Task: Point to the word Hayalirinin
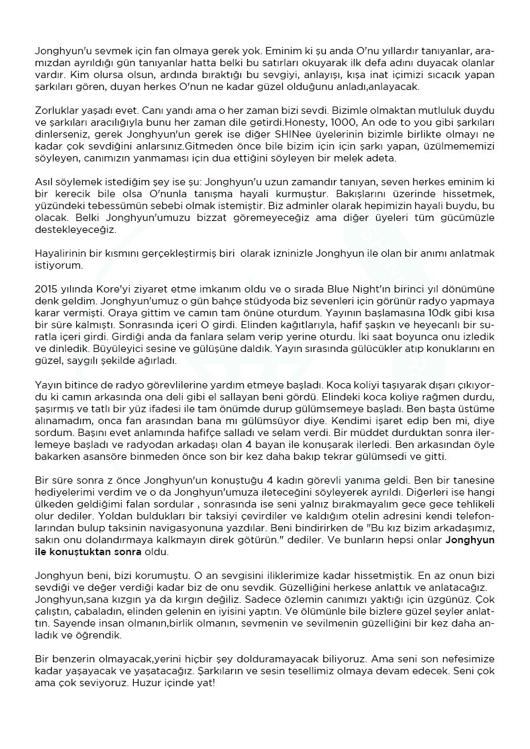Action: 60,254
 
